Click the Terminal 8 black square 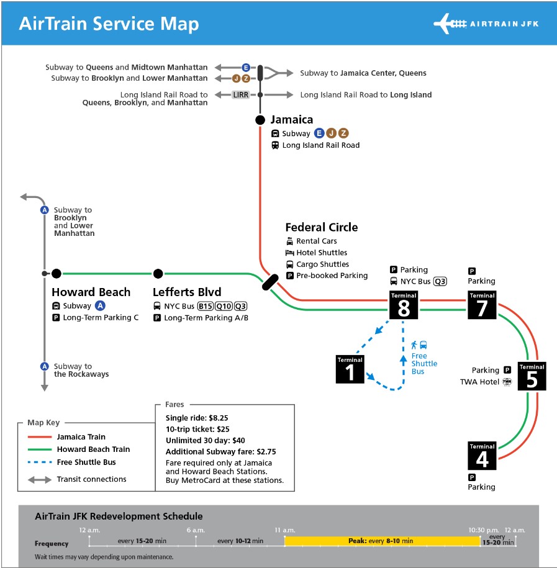[x=404, y=305]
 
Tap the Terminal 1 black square [x=350, y=369]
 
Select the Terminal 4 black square [x=482, y=456]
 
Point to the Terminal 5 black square [x=532, y=376]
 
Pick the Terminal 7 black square [x=482, y=305]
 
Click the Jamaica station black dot [x=260, y=120]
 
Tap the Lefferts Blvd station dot [x=158, y=274]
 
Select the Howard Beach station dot [x=56, y=274]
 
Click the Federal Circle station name [x=322, y=227]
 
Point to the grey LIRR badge [x=241, y=95]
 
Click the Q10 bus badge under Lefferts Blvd [x=224, y=307]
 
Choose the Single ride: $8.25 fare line [x=197, y=418]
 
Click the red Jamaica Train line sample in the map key [x=40, y=437]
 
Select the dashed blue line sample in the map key [x=40, y=462]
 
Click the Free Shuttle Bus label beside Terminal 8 [x=424, y=363]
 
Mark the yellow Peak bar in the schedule [x=383, y=541]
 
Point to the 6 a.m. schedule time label [x=196, y=530]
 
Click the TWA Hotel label [x=479, y=382]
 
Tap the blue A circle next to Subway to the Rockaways [x=45, y=366]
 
